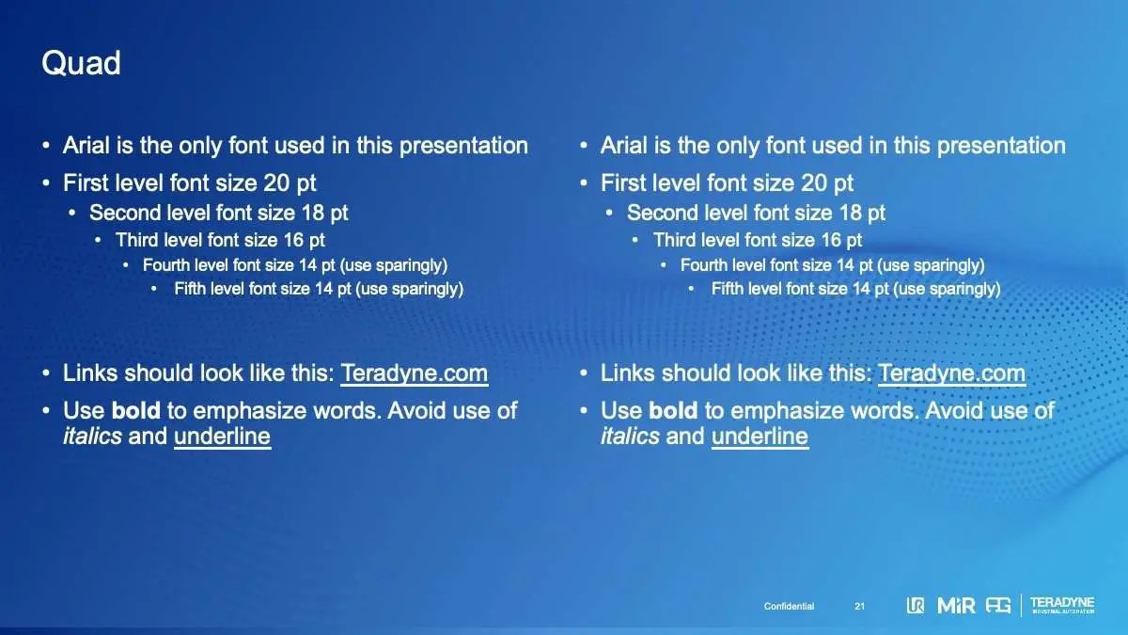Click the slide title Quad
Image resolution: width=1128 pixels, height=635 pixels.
81,64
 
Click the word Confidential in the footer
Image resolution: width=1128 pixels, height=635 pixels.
789,606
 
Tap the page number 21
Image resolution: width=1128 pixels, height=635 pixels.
859,606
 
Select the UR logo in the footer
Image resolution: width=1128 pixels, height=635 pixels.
915,605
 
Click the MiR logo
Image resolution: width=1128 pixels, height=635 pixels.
956,605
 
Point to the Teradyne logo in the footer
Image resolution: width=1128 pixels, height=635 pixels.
1062,605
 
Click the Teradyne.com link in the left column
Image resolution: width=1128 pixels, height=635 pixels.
414,374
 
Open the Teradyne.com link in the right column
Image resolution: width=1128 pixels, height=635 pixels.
951,374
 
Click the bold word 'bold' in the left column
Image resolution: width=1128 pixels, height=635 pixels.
135,410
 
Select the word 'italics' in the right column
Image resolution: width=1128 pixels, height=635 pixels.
630,436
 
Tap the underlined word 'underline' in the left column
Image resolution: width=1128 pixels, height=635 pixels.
222,437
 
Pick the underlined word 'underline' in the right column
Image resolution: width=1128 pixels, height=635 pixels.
760,437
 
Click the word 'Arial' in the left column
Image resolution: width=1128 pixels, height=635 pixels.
86,146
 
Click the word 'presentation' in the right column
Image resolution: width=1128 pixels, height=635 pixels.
1001,147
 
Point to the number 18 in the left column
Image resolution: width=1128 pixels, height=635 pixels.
313,214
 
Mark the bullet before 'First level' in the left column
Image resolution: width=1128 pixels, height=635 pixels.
46,183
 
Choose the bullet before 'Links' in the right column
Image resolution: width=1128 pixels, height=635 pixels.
584,373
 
